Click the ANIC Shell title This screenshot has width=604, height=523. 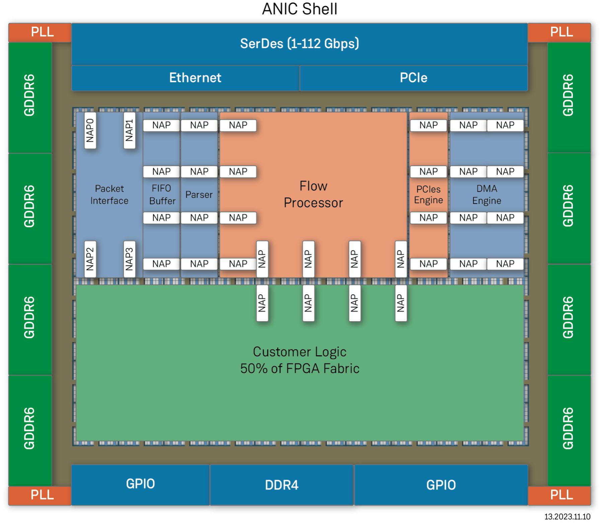click(299, 9)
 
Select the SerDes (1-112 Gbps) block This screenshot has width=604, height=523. click(299, 44)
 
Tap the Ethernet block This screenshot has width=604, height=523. click(195, 78)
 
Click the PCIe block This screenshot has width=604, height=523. click(413, 78)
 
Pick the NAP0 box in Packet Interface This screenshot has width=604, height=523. click(90, 131)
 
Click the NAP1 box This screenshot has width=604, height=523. click(129, 131)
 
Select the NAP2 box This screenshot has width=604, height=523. click(90, 259)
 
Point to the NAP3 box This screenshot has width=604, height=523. click(129, 259)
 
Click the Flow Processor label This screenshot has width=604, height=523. click(313, 194)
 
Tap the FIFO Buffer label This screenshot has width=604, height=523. click(162, 195)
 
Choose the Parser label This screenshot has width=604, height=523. click(199, 195)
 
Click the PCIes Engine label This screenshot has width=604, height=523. click(428, 195)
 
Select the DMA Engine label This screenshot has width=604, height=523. click(486, 195)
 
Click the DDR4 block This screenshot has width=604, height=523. click(282, 485)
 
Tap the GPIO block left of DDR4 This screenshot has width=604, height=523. click(140, 484)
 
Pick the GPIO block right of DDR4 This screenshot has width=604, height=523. click(441, 485)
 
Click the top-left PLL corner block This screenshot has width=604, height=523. click(42, 32)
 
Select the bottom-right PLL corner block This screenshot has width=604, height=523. click(561, 495)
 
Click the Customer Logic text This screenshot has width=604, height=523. click(299, 360)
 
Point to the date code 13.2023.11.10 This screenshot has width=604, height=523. click(567, 517)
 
